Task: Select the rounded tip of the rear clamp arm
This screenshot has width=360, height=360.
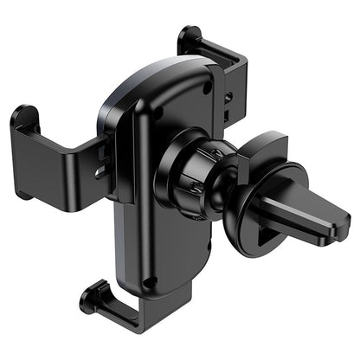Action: coord(189,36)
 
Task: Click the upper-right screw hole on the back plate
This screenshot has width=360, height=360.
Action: coord(207,87)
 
